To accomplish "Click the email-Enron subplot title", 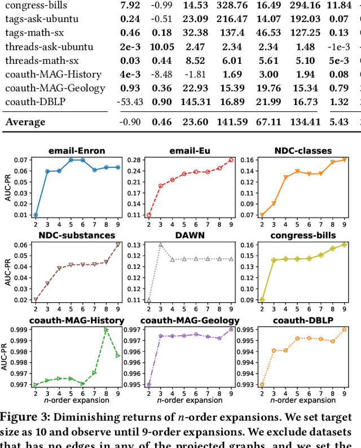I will pos(77,151).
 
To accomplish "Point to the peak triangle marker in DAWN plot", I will pos(160,245).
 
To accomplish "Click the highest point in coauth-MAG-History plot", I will pos(106,330).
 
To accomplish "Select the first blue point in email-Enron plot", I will pos(36,215).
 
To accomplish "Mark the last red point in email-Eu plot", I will pos(230,160).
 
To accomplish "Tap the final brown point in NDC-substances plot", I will pos(118,244).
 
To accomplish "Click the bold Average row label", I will pos(25,121).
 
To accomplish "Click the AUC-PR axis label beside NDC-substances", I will pos(7,268).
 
